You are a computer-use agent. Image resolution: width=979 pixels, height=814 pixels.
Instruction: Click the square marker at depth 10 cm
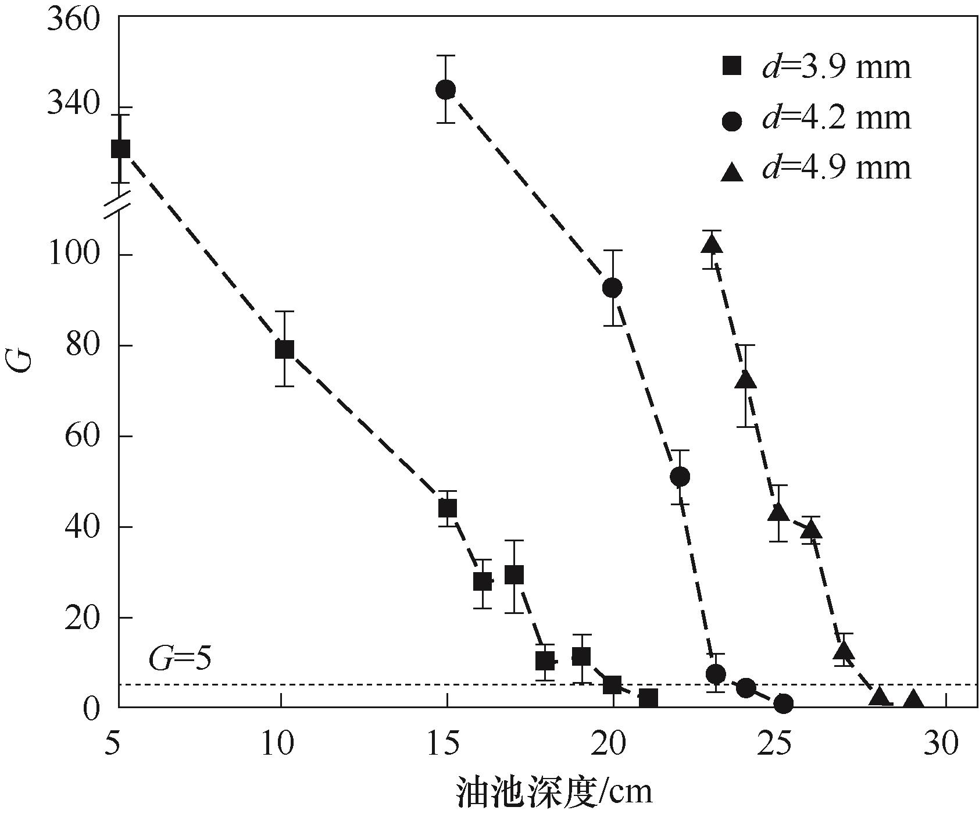(x=284, y=349)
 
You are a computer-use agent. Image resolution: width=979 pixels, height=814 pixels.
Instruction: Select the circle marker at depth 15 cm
(x=445, y=90)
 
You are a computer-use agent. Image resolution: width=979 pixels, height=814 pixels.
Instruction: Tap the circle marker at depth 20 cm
(x=612, y=287)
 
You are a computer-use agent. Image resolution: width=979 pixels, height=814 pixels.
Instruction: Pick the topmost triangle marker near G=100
(x=712, y=245)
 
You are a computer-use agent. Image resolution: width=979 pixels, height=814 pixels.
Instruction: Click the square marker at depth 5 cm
(x=120, y=149)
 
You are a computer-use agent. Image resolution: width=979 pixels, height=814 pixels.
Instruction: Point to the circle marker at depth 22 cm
(x=680, y=477)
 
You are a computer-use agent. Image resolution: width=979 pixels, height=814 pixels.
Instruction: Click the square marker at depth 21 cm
(x=648, y=698)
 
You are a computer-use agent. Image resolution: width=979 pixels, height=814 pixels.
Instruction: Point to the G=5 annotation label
(x=178, y=659)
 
